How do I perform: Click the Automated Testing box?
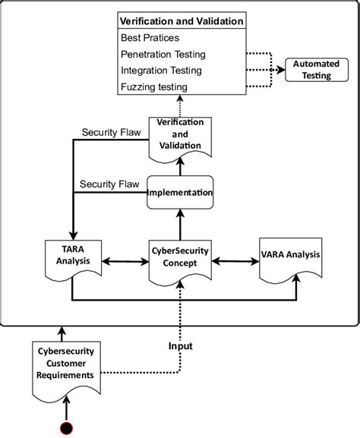click(311, 71)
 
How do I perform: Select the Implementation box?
click(179, 193)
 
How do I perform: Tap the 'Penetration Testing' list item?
click(163, 54)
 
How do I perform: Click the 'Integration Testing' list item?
click(161, 71)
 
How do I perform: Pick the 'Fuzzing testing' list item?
click(154, 87)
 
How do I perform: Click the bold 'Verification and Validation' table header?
click(182, 21)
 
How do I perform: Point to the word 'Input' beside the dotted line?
click(180, 346)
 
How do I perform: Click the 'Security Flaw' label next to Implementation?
click(111, 184)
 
